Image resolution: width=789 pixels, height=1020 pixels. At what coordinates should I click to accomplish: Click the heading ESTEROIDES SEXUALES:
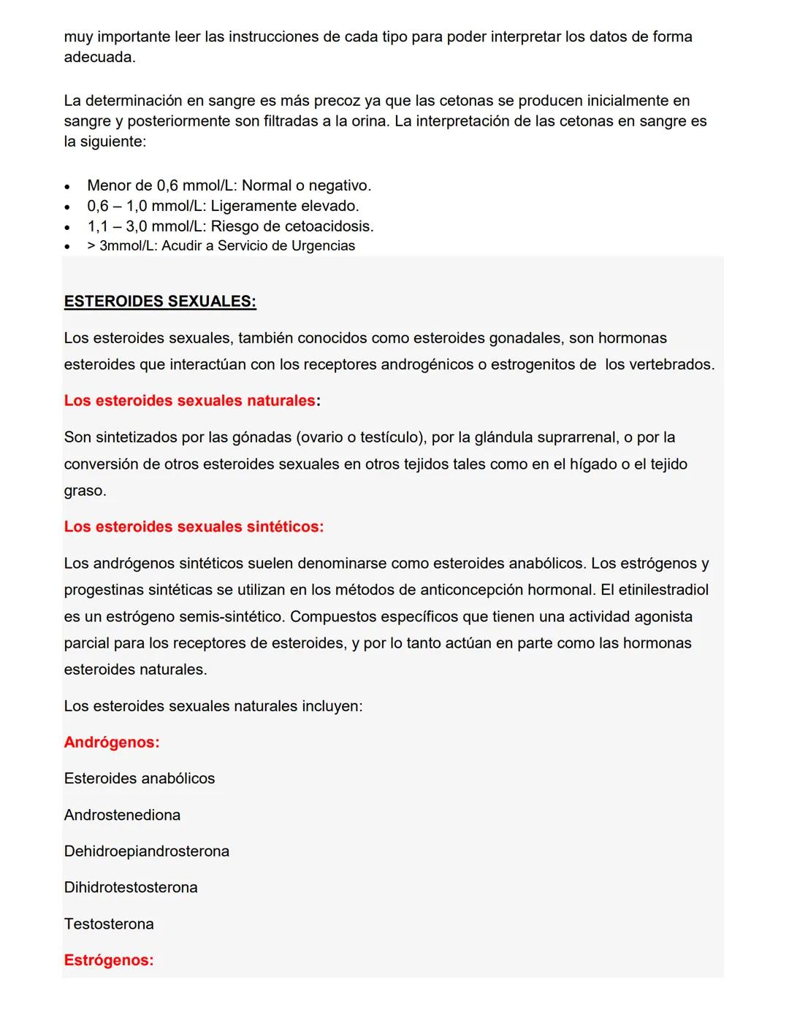tap(160, 302)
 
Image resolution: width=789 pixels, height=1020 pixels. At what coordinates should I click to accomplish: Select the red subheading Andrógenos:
tap(112, 742)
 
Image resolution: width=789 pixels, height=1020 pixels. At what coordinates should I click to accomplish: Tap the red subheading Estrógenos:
tap(109, 960)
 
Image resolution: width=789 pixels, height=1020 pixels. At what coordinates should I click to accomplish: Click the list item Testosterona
tap(109, 924)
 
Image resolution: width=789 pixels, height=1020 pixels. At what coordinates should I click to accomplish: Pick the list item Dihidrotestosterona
tap(131, 887)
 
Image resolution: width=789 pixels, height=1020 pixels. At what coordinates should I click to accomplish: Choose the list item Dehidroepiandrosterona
tap(146, 851)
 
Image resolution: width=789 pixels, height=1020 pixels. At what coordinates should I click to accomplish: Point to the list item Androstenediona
tap(122, 815)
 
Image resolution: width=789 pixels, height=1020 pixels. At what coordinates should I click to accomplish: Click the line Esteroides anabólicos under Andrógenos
tap(140, 778)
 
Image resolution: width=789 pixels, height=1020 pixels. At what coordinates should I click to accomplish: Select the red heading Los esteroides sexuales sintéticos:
tap(194, 526)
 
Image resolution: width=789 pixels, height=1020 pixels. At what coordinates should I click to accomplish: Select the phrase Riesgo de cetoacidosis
tap(292, 226)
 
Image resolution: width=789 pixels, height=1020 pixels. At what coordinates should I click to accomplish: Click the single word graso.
tap(85, 491)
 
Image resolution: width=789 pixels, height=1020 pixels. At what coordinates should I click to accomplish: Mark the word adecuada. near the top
tap(99, 57)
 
